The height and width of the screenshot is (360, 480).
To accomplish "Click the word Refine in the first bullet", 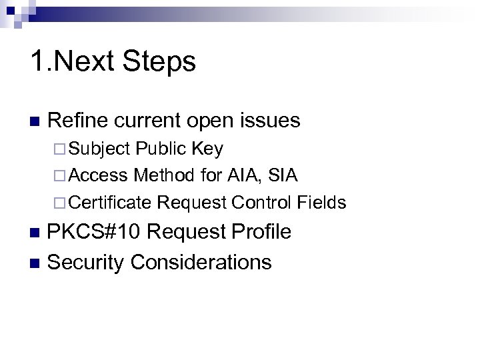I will [79, 121].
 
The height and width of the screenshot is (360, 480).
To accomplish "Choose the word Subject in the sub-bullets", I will [99, 149].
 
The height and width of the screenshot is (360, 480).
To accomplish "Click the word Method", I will [164, 175].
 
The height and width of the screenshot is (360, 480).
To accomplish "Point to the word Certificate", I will [111, 202].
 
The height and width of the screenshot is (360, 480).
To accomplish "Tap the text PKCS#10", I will [95, 232].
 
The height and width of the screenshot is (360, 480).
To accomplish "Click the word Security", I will [86, 262].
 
